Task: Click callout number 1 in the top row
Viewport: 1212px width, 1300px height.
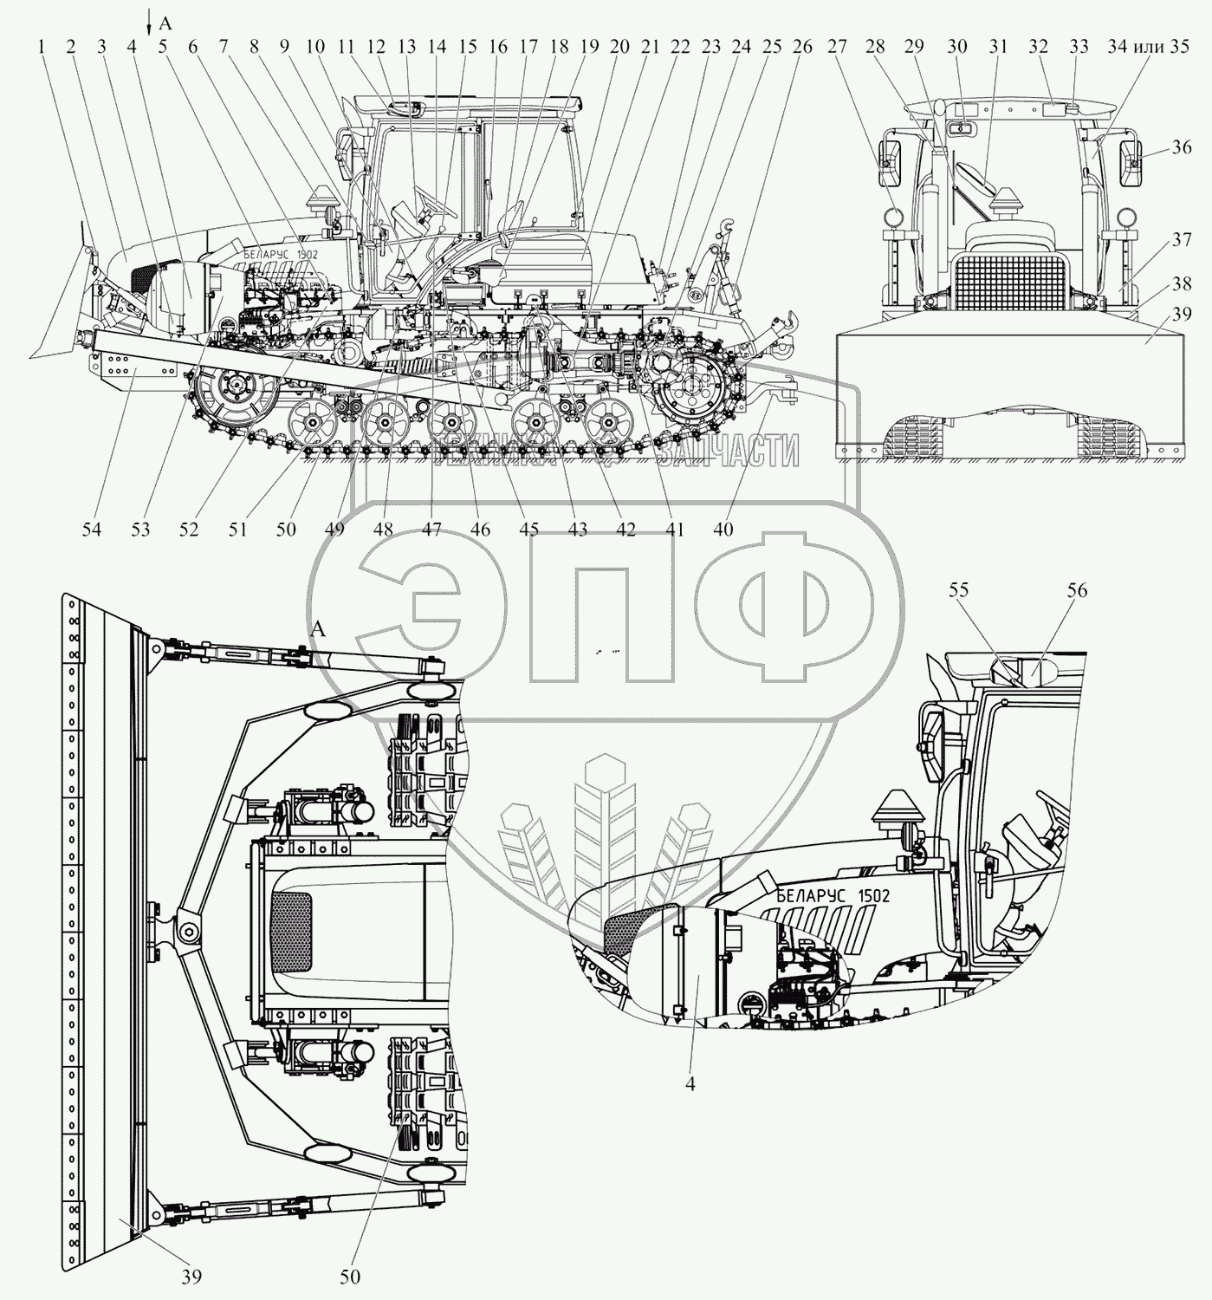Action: [x=41, y=48]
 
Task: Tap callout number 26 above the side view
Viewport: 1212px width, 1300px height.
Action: [x=802, y=48]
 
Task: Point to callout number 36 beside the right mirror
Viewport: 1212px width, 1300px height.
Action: [x=1181, y=148]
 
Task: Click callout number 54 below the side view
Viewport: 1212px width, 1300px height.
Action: [x=91, y=529]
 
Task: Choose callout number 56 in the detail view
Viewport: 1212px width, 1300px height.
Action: [x=1077, y=591]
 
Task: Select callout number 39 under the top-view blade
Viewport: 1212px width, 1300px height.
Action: [x=191, y=1276]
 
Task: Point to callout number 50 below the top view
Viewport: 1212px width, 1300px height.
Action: [x=349, y=1276]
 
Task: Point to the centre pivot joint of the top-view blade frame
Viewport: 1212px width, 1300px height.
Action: [x=185, y=930]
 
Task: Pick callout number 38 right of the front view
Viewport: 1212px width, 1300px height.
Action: [x=1183, y=283]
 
